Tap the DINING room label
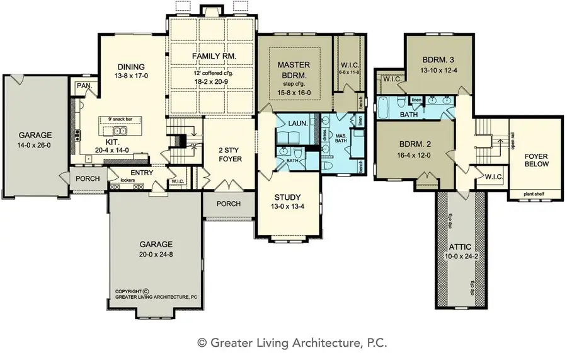coord(130,67)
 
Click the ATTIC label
coord(462,247)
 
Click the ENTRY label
coord(142,172)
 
